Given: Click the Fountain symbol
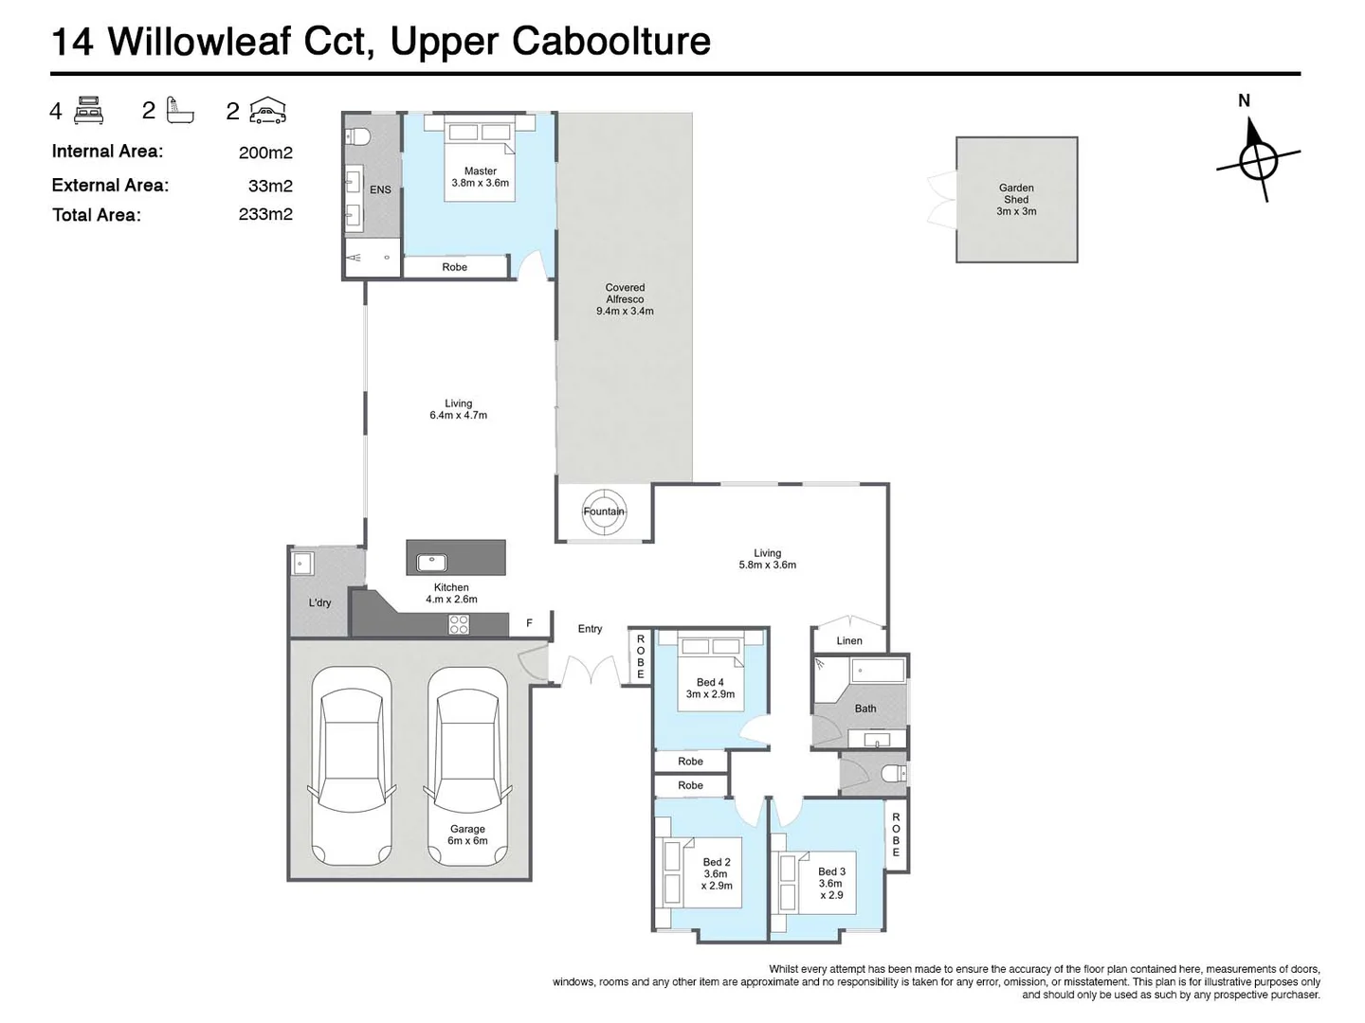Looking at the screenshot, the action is tap(604, 511).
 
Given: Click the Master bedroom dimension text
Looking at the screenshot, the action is tap(481, 183).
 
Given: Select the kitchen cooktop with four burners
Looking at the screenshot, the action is tap(459, 624).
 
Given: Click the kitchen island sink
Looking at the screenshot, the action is tap(431, 562).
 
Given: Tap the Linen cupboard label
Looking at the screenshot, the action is tap(849, 640).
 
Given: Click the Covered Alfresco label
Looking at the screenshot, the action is tap(625, 298).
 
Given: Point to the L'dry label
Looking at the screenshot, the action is tap(320, 602).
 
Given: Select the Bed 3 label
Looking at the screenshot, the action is tap(831, 871).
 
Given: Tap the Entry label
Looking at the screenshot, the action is tap(590, 628).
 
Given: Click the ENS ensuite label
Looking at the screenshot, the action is tap(380, 189).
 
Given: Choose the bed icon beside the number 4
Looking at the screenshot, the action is tap(88, 110).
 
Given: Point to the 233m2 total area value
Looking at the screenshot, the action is tap(265, 214).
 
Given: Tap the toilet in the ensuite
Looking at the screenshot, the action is tap(358, 135).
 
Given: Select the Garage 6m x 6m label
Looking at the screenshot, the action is tap(467, 835).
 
